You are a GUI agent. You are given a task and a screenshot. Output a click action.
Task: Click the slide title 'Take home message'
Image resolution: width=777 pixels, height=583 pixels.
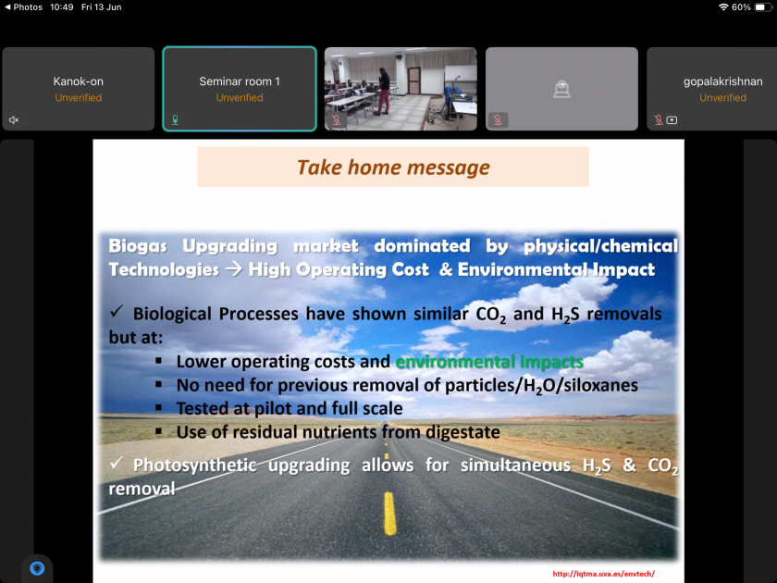[x=393, y=167]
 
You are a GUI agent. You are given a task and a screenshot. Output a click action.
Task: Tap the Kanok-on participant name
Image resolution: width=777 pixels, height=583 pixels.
[x=79, y=81]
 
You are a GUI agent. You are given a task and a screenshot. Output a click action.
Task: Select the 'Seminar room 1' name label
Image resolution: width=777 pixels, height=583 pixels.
[x=240, y=81]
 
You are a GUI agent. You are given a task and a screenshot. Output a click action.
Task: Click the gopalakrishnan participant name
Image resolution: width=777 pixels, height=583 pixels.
[x=723, y=81]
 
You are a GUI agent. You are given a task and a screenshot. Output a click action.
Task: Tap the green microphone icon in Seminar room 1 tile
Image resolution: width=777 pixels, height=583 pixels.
[x=175, y=119]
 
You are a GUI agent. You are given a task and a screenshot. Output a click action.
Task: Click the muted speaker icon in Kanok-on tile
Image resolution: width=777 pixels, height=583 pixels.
[x=14, y=120]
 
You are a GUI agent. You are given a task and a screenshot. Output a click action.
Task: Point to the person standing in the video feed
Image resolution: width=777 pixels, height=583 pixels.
[x=382, y=91]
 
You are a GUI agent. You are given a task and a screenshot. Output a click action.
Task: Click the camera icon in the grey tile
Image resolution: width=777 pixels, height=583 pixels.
[x=561, y=90]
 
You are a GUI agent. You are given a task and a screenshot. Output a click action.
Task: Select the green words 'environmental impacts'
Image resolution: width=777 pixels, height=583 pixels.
[x=489, y=362]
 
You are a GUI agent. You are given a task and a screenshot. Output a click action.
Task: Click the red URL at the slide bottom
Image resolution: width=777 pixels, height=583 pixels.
[x=603, y=574]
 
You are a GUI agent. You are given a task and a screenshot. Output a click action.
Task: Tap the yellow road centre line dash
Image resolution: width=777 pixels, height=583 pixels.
[x=390, y=513]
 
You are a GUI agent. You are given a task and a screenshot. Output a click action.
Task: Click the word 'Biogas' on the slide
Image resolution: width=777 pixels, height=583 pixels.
[x=138, y=246]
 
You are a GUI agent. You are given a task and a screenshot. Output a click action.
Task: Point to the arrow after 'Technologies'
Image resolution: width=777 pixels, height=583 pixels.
[x=233, y=269]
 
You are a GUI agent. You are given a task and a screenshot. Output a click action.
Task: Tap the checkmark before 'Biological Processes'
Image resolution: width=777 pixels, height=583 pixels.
[x=117, y=311]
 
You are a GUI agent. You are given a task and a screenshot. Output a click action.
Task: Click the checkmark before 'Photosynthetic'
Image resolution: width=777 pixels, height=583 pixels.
[x=117, y=463]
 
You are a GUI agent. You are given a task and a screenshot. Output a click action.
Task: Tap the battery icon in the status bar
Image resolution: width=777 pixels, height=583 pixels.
[x=762, y=7]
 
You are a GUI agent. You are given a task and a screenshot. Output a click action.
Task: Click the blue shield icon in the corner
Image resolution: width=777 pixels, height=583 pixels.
[x=37, y=568]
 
